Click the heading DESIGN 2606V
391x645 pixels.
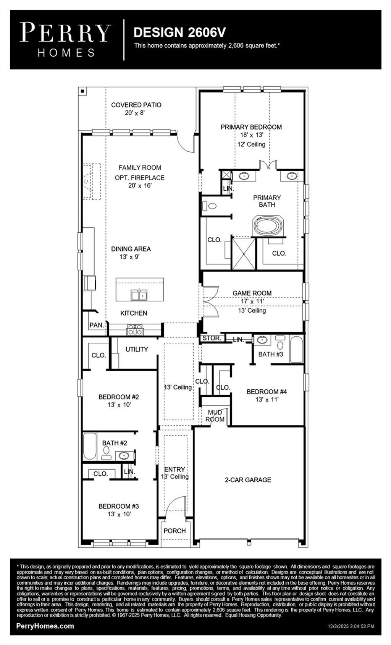pyautogui.click(x=179, y=32)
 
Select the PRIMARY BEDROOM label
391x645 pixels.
pyautogui.click(x=251, y=127)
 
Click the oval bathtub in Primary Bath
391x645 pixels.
pyautogui.click(x=268, y=226)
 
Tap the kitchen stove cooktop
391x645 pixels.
pyautogui.click(x=135, y=329)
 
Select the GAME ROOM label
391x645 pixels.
pyautogui.click(x=252, y=293)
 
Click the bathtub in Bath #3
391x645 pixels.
pyautogui.click(x=296, y=349)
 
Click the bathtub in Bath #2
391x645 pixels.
pyautogui.click(x=90, y=446)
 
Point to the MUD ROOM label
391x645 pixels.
pyautogui.click(x=215, y=416)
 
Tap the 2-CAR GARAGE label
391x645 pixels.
pyautogui.click(x=248, y=480)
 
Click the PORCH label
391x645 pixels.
pyautogui.click(x=174, y=531)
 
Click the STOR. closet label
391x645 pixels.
pyautogui.click(x=212, y=338)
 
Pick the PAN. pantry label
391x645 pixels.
pyautogui.click(x=97, y=325)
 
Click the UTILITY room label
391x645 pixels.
pyautogui.click(x=137, y=349)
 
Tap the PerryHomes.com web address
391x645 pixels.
pyautogui.click(x=45, y=626)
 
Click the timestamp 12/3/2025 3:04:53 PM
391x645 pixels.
pyautogui.click(x=351, y=626)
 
